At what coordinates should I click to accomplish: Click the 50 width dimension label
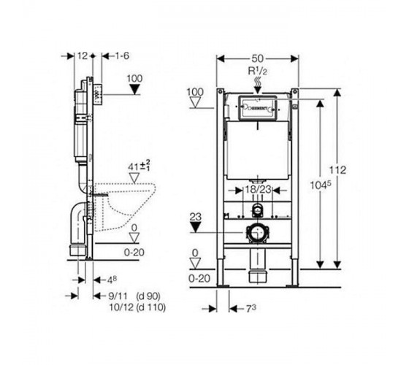[257, 58]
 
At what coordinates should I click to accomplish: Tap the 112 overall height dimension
[337, 170]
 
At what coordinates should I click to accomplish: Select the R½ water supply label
[257, 71]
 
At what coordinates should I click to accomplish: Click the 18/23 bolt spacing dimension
[258, 190]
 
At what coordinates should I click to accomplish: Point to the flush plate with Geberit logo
[258, 108]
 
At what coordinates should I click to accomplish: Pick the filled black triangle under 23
[196, 228]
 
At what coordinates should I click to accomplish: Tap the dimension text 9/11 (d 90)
[134, 296]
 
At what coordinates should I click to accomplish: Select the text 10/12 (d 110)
[137, 307]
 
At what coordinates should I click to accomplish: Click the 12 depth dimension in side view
[83, 55]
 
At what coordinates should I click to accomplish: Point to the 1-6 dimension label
[123, 55]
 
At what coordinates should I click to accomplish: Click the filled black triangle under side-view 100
[135, 89]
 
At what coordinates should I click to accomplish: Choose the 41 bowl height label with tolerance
[139, 166]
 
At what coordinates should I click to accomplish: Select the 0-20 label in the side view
[134, 253]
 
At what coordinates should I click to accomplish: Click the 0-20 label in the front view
[199, 279]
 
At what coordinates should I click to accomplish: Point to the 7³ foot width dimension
[251, 309]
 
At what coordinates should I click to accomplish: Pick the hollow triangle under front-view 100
[196, 103]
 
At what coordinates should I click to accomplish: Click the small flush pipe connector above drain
[257, 210]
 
